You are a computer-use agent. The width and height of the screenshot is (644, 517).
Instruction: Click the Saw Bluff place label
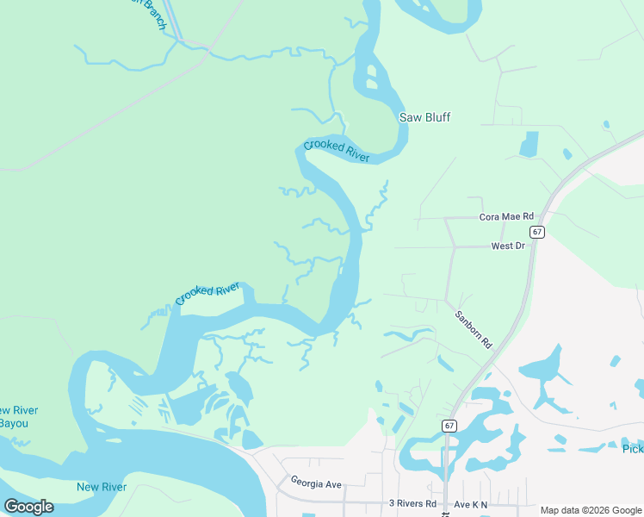pos(424,117)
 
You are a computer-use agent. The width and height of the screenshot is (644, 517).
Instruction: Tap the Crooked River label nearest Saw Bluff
pos(337,150)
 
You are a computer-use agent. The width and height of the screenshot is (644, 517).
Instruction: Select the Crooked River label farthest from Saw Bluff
pos(207,293)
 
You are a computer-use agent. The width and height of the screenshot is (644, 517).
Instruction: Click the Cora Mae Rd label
pos(506,217)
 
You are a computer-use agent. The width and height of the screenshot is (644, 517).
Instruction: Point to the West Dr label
pos(508,246)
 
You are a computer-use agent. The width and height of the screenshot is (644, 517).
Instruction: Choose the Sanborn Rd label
pos(473,328)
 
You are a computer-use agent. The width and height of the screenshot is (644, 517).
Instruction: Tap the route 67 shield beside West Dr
pos(537,232)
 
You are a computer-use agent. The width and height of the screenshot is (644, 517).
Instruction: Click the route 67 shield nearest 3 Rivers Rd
pos(449,426)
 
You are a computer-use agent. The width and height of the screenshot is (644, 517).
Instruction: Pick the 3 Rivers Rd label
pos(413,503)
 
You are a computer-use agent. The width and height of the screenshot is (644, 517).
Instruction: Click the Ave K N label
pos(471,503)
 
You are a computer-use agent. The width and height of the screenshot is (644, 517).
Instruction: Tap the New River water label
pos(102,487)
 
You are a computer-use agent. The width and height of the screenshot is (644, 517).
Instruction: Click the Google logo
pos(28,507)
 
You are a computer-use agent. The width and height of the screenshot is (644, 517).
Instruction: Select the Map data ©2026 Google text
pos(591,510)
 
